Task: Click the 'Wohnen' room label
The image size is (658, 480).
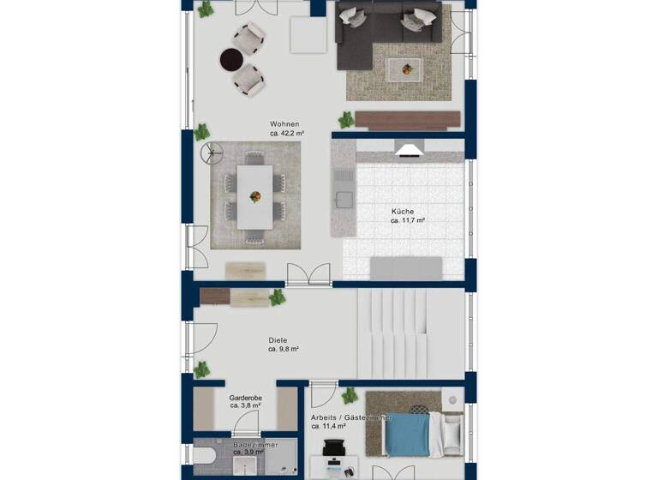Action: click(284, 123)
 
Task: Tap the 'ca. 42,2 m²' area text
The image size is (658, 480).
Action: click(288, 134)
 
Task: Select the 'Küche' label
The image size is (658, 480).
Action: click(403, 210)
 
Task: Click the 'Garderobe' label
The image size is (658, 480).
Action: click(245, 399)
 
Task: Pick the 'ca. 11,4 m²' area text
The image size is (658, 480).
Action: click(328, 426)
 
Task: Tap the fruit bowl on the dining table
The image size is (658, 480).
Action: click(255, 196)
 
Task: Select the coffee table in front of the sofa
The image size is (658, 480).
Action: click(404, 69)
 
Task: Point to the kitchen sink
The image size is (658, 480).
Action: click(344, 201)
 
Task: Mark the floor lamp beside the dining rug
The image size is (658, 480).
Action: click(208, 153)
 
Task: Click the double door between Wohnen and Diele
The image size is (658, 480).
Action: click(308, 275)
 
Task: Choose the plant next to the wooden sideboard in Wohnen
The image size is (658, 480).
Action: click(346, 120)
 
